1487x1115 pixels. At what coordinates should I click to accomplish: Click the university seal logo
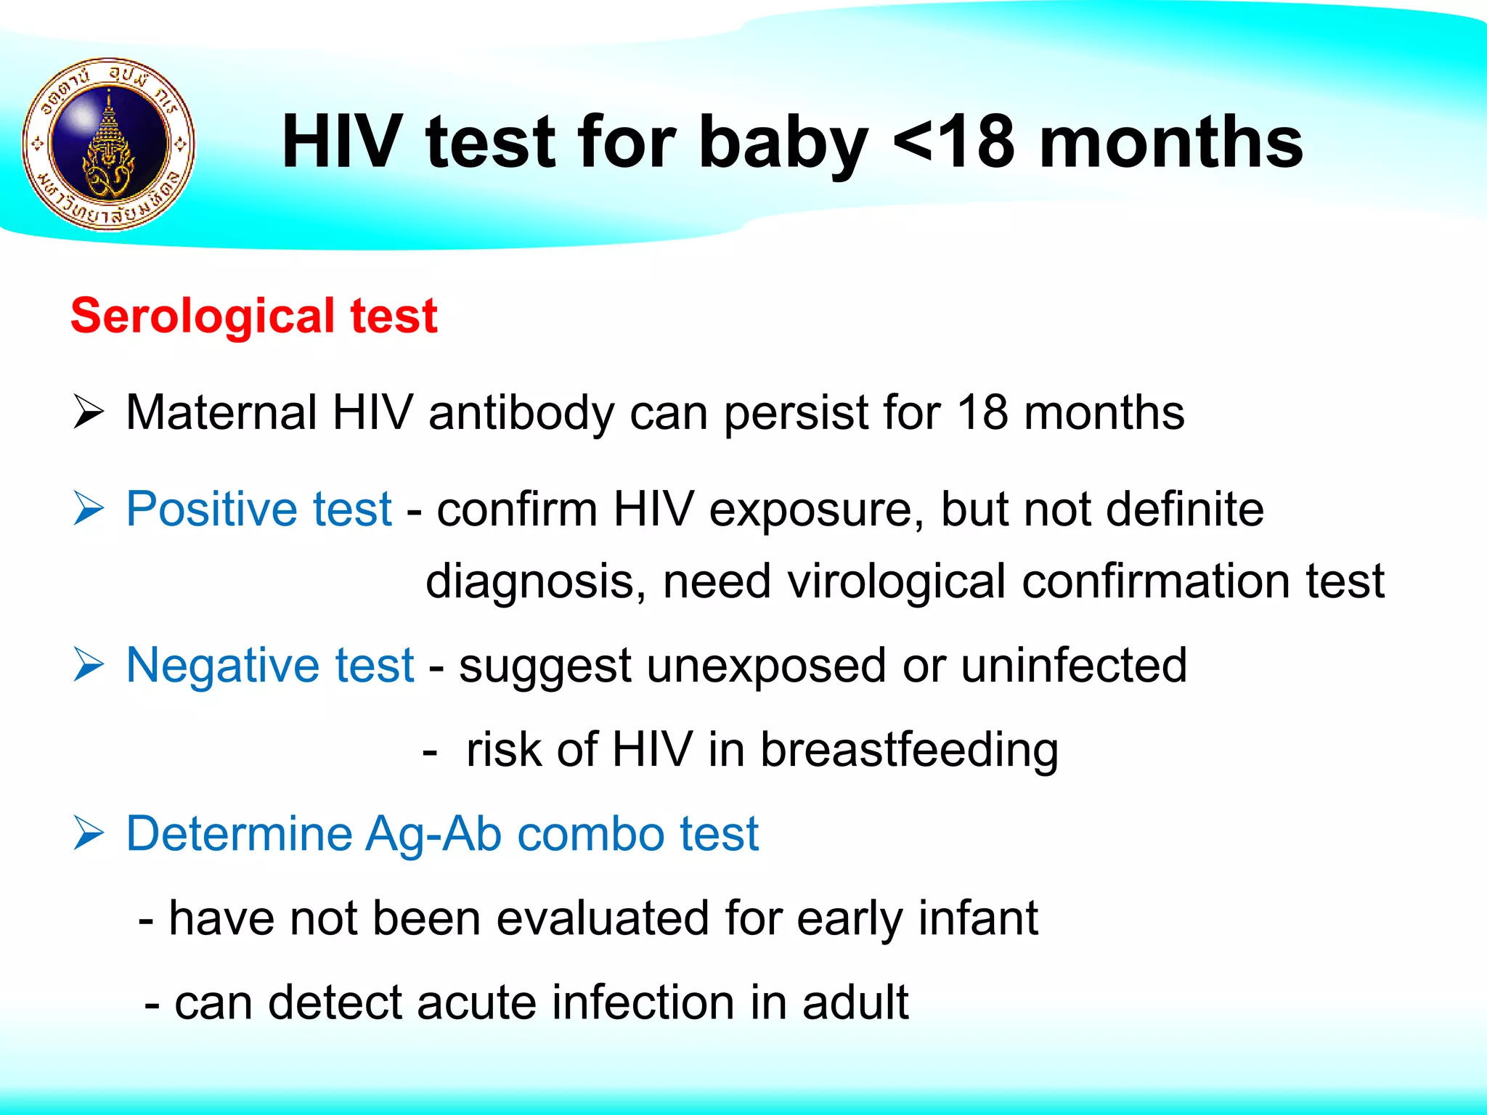point(109,144)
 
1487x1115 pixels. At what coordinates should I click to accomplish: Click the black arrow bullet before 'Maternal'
point(89,413)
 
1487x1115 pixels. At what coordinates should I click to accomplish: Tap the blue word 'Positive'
point(211,509)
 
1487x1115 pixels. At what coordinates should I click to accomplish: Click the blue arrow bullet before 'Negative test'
point(89,665)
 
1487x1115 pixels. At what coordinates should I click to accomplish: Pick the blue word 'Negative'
point(221,665)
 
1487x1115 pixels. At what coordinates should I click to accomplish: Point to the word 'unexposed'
point(766,666)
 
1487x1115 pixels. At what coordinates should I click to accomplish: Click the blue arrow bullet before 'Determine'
point(89,833)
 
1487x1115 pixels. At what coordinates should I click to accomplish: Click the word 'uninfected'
point(1074,665)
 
